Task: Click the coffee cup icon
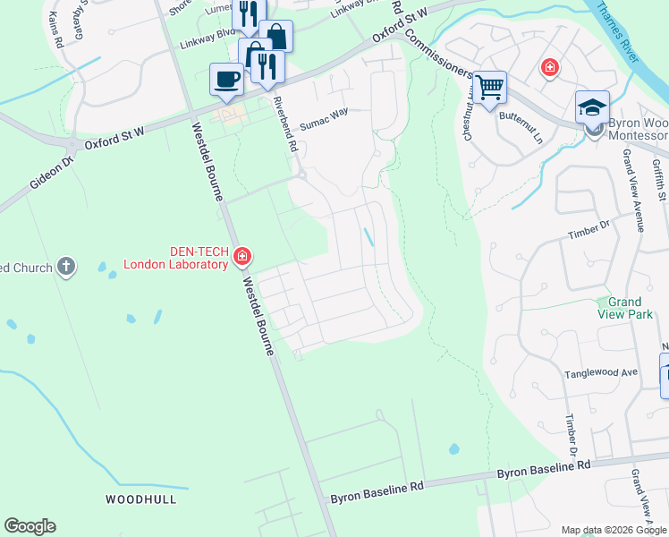[x=226, y=79]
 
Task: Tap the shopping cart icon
[x=489, y=88]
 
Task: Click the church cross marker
[x=65, y=266]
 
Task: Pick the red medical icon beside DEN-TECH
[x=241, y=258]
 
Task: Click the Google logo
[x=30, y=526]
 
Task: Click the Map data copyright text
[x=614, y=530]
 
